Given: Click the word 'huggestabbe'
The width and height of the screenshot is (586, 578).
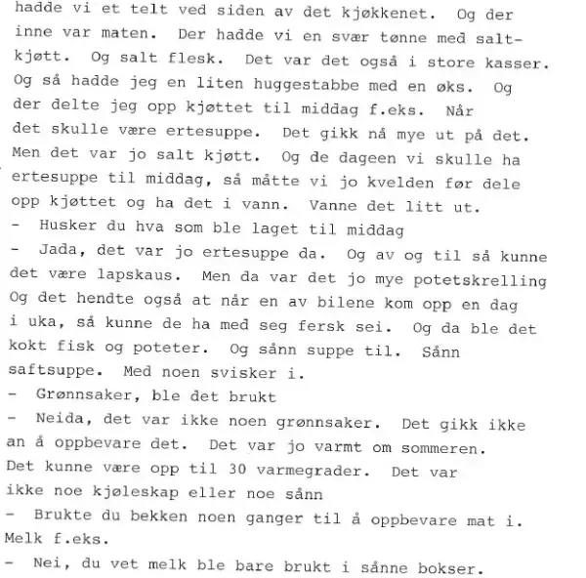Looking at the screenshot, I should (x=304, y=86).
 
